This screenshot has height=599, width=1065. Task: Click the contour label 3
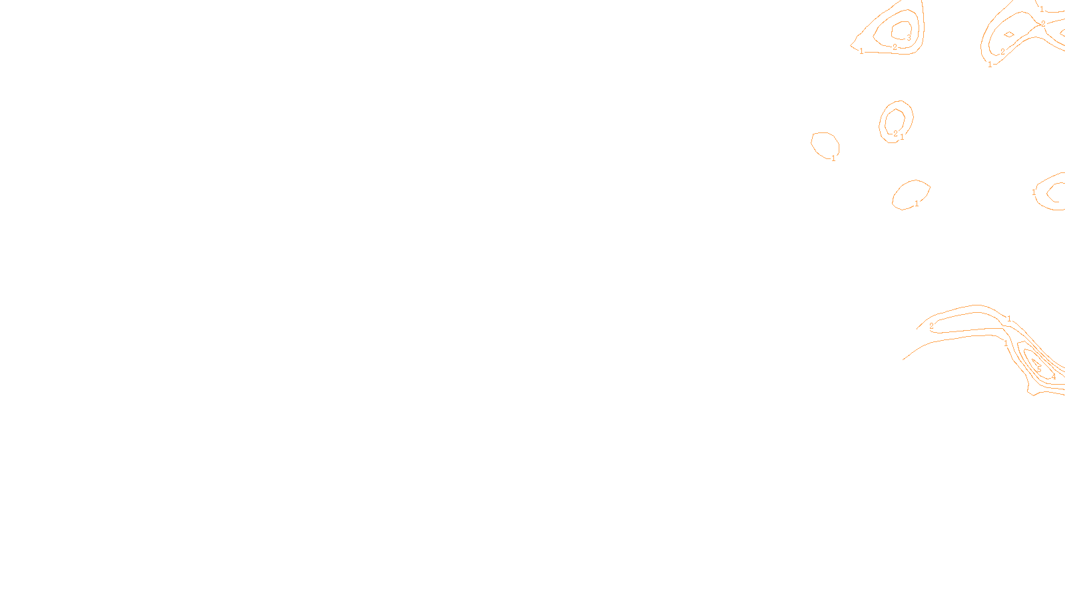909,38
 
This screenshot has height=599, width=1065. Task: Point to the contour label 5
1039,369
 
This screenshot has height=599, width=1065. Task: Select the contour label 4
1054,377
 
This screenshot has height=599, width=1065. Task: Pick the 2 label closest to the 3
895,47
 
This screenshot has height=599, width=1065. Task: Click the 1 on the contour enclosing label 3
861,51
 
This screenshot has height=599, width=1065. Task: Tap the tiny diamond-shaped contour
1009,35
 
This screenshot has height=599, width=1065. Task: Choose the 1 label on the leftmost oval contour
833,158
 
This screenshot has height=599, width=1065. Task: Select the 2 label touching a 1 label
895,134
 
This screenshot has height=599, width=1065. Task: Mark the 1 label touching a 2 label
902,137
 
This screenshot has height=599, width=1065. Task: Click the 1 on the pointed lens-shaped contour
917,204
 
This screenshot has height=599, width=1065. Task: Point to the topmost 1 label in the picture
1042,9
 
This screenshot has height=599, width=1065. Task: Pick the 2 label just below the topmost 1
1043,23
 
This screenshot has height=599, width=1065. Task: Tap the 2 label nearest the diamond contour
1002,52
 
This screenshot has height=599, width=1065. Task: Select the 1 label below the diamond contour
990,65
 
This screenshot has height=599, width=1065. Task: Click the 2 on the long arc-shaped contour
931,326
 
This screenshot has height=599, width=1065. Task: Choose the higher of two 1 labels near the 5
1009,319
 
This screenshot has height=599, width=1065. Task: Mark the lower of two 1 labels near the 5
1006,343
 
